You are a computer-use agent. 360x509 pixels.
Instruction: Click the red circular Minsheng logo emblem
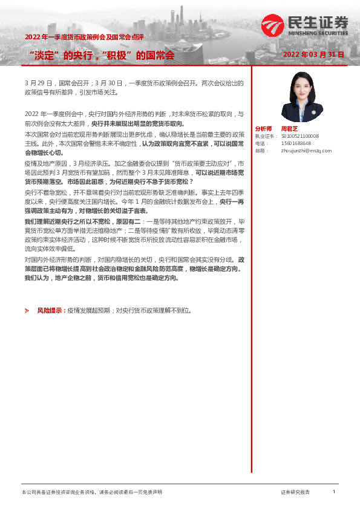[272, 25]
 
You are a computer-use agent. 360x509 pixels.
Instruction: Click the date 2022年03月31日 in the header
[314, 54]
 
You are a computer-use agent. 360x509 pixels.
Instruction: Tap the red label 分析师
[264, 128]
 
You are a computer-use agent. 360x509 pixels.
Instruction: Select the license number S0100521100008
[299, 136]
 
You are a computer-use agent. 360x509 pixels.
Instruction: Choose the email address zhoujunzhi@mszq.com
[307, 151]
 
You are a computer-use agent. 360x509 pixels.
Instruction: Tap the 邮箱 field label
[261, 151]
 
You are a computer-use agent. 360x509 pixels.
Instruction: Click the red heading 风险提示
[51, 310]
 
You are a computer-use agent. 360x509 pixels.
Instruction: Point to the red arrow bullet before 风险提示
[27, 310]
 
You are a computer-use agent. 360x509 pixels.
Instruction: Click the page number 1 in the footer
[333, 492]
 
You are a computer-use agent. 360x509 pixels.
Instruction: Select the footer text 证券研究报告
[295, 493]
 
